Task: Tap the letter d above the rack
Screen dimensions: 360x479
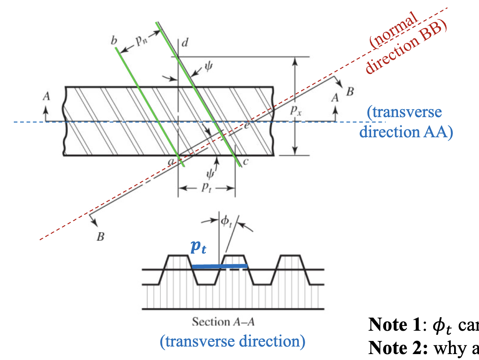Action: point(184,43)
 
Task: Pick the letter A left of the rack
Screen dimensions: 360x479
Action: point(47,97)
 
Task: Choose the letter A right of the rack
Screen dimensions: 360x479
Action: point(335,97)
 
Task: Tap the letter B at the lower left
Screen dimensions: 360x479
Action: point(101,237)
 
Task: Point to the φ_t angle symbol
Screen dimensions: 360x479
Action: point(226,223)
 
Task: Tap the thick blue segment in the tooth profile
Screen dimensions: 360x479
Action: point(219,267)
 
